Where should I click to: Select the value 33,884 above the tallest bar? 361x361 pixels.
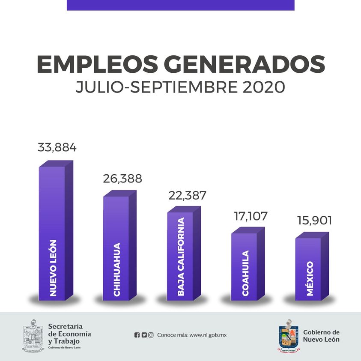click(x=57, y=148)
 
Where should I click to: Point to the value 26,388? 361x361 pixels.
click(x=122, y=179)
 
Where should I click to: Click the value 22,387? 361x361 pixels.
click(x=187, y=196)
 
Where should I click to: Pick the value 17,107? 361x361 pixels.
click(x=251, y=215)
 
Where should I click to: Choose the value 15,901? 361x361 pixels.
click(x=315, y=221)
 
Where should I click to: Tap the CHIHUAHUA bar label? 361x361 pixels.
click(x=117, y=270)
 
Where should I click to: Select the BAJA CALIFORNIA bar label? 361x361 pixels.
click(x=181, y=257)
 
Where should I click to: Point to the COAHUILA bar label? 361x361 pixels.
click(x=245, y=273)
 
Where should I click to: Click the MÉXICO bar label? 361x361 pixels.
click(x=310, y=279)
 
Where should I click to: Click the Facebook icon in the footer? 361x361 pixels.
click(x=137, y=335)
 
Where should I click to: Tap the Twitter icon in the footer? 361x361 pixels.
click(x=144, y=335)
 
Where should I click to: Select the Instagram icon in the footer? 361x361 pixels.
click(x=151, y=335)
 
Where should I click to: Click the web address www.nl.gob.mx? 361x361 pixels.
click(x=207, y=335)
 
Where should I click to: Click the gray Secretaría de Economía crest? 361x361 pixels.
click(x=33, y=335)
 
